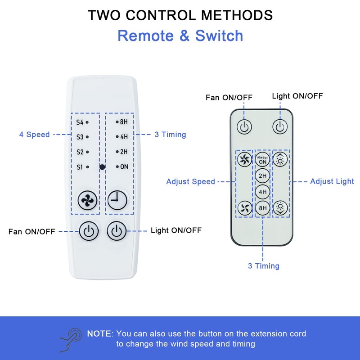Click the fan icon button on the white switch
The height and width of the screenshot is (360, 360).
[88, 200]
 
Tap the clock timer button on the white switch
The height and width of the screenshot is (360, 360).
[117, 199]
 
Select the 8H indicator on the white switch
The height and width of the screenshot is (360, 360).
[123, 122]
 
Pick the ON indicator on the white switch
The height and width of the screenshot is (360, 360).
[123, 167]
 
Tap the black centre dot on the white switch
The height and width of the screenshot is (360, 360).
[103, 167]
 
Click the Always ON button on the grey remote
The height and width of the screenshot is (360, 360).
[262, 159]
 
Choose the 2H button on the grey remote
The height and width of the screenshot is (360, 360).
[262, 175]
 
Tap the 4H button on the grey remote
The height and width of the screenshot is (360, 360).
[262, 192]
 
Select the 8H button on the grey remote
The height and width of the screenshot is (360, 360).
[262, 208]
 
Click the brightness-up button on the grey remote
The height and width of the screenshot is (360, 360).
[281, 159]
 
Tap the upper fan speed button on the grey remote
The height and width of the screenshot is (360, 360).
[244, 159]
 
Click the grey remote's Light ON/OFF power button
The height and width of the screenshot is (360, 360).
[280, 126]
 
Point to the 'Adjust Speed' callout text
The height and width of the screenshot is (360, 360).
[190, 182]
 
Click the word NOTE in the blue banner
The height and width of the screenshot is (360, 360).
[99, 334]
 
